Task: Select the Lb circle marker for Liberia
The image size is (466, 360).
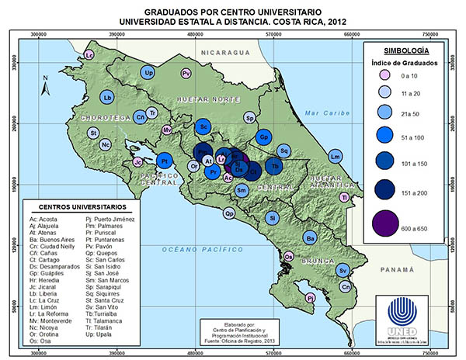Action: pyautogui.click(x=108, y=97)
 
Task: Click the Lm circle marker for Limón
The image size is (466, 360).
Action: pyautogui.click(x=336, y=157)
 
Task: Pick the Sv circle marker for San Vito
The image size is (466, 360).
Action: pyautogui.click(x=343, y=269)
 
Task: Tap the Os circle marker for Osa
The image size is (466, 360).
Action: pyautogui.click(x=288, y=256)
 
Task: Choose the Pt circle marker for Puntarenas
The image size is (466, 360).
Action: pyautogui.click(x=165, y=161)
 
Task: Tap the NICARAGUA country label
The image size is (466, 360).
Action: pyautogui.click(x=224, y=52)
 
